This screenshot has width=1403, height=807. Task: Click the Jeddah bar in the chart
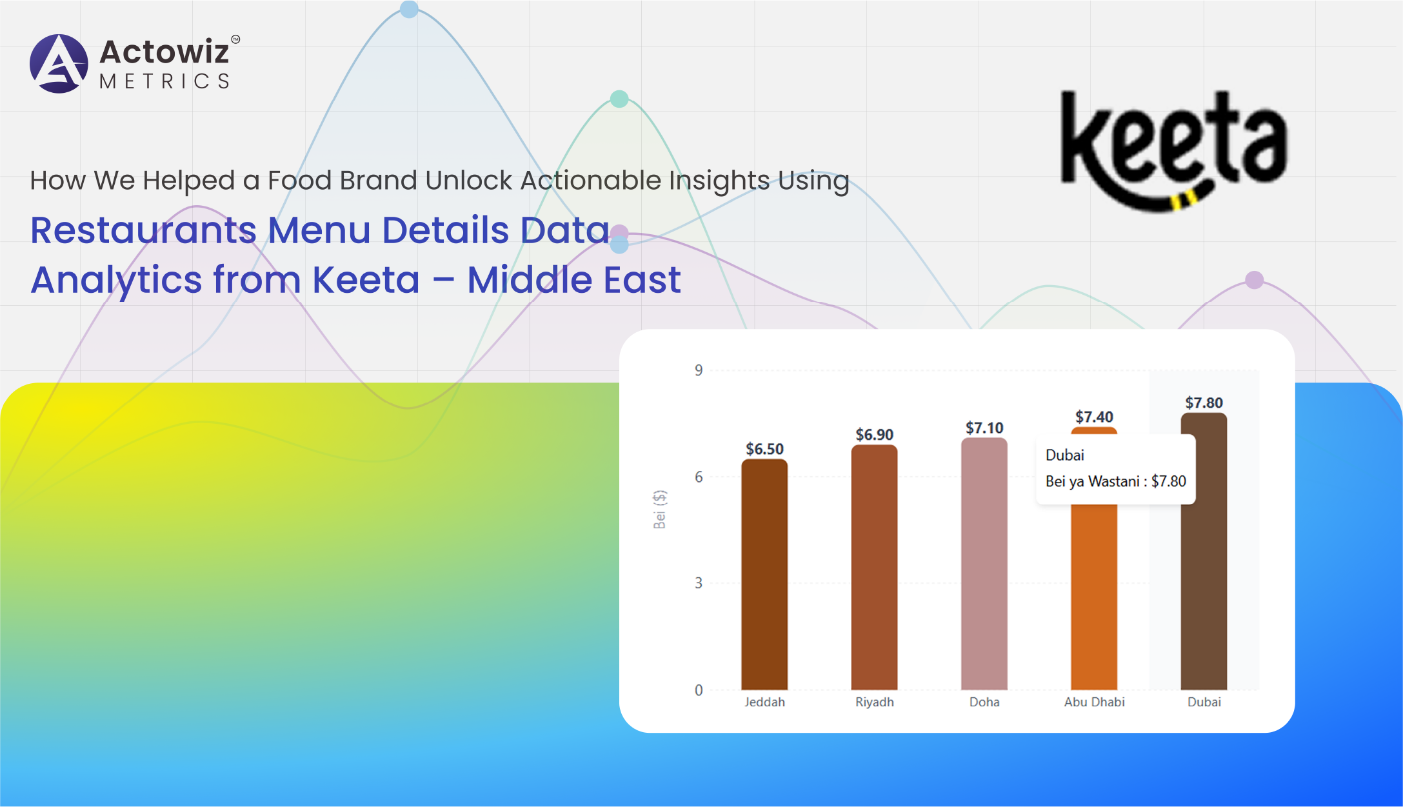point(764,574)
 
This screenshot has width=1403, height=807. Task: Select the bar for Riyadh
point(874,567)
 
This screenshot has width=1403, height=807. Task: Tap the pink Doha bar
point(984,564)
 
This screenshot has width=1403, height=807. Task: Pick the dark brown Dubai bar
point(1204,552)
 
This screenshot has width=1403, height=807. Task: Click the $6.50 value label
point(764,449)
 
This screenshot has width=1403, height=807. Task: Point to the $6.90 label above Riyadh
point(874,435)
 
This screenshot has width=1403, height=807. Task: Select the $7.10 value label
point(984,428)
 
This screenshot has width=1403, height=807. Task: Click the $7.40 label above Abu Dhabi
point(1094,417)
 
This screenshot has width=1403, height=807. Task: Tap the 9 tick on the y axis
point(699,370)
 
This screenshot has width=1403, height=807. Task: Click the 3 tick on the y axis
point(699,583)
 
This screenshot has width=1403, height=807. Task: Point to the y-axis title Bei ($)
point(659,510)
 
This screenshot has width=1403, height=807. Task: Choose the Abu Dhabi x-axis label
point(1094,702)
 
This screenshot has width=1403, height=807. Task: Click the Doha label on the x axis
point(984,702)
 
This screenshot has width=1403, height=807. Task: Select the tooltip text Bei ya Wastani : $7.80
point(1115,481)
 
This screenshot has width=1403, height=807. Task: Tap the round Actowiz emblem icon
point(59,64)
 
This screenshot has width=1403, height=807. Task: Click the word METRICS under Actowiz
point(164,81)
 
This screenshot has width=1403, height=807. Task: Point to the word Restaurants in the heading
point(143,230)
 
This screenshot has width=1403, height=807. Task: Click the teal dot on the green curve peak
point(619,99)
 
